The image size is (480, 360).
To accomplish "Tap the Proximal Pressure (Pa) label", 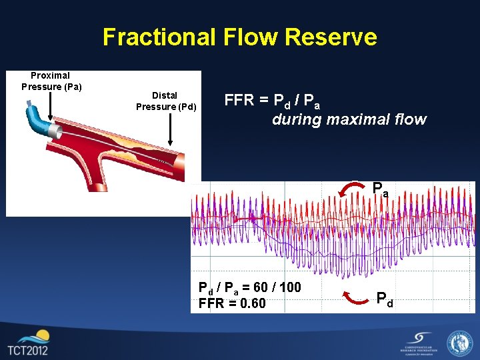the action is (51, 81).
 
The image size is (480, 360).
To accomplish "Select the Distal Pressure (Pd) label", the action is (166, 101).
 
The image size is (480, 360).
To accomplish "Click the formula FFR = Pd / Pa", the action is (272, 101).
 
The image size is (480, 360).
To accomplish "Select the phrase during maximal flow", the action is (349, 120).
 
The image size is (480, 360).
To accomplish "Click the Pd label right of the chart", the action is (385, 298).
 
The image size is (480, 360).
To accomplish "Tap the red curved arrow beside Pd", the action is (352, 298).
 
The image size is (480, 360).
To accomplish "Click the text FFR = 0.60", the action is (232, 304).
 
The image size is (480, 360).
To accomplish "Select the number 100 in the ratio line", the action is (289, 288).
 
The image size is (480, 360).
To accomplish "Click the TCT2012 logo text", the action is (29, 350).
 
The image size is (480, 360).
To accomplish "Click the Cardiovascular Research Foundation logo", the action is (418, 343).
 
